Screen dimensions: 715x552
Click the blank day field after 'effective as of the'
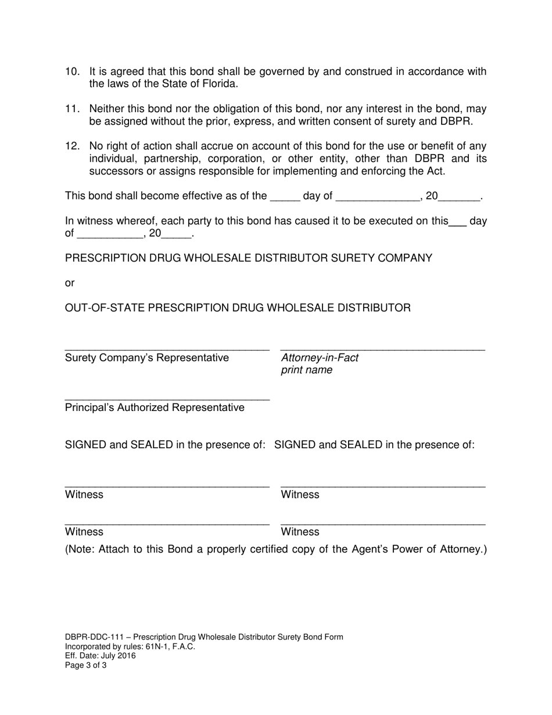coord(285,198)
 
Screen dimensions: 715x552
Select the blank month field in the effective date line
coord(378,198)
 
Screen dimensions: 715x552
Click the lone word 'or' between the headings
coord(70,283)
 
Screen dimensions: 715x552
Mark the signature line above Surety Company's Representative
coord(167,349)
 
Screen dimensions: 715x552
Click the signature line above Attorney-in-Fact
coord(382,349)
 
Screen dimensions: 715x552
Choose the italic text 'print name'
coord(306,370)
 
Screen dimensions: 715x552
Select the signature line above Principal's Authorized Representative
coord(167,399)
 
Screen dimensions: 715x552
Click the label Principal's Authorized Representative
coord(155,407)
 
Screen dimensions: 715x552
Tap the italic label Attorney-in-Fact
coord(320,357)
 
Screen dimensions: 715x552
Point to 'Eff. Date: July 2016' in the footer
coord(100,656)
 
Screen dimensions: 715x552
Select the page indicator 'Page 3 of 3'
coord(85,665)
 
